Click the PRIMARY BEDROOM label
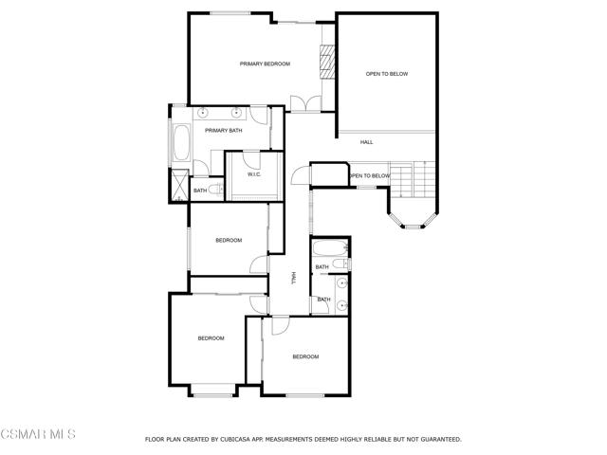pyautogui.click(x=265, y=64)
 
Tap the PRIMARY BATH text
pyautogui.click(x=224, y=131)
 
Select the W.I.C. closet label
pyautogui.click(x=254, y=174)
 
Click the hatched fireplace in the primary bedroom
pyautogui.click(x=326, y=62)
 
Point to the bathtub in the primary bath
pyautogui.click(x=181, y=142)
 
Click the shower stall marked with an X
pyautogui.click(x=179, y=186)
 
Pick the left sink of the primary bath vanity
pyautogui.click(x=202, y=113)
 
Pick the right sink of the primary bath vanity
pyautogui.click(x=236, y=113)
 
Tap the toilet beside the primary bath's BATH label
pyautogui.click(x=216, y=190)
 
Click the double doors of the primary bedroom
pyautogui.click(x=305, y=103)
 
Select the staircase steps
pyautogui.click(x=413, y=179)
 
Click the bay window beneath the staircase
pyautogui.click(x=413, y=221)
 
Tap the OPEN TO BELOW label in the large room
pyautogui.click(x=387, y=74)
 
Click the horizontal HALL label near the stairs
pyautogui.click(x=367, y=142)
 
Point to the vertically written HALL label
pyautogui.click(x=293, y=278)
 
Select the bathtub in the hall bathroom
pyautogui.click(x=330, y=248)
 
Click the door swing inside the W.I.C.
pyautogui.click(x=251, y=160)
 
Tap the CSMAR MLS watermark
pyautogui.click(x=38, y=434)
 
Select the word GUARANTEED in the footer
pyautogui.click(x=441, y=440)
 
